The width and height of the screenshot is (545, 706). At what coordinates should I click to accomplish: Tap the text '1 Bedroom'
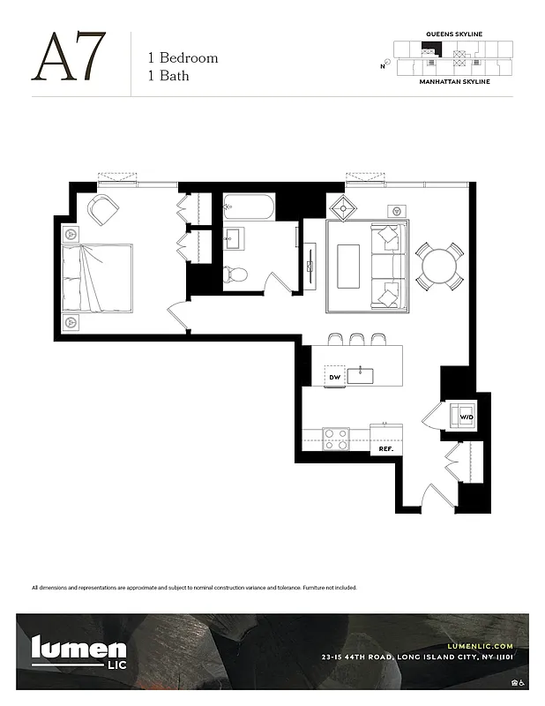point(183,58)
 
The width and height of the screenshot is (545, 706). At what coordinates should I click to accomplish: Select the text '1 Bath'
point(168,76)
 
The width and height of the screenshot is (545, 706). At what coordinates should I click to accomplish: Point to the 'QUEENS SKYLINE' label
point(454,34)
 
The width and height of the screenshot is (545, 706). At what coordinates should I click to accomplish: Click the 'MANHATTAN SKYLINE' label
point(454,81)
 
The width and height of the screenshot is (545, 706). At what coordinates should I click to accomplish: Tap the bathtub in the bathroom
point(249,208)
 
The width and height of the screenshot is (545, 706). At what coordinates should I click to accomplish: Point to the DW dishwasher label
point(334,377)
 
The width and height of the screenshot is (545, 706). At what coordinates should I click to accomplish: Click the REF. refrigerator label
point(385,448)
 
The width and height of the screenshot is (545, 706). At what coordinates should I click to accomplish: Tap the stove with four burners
point(336,439)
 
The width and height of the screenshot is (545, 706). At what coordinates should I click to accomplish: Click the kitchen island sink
point(361,376)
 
